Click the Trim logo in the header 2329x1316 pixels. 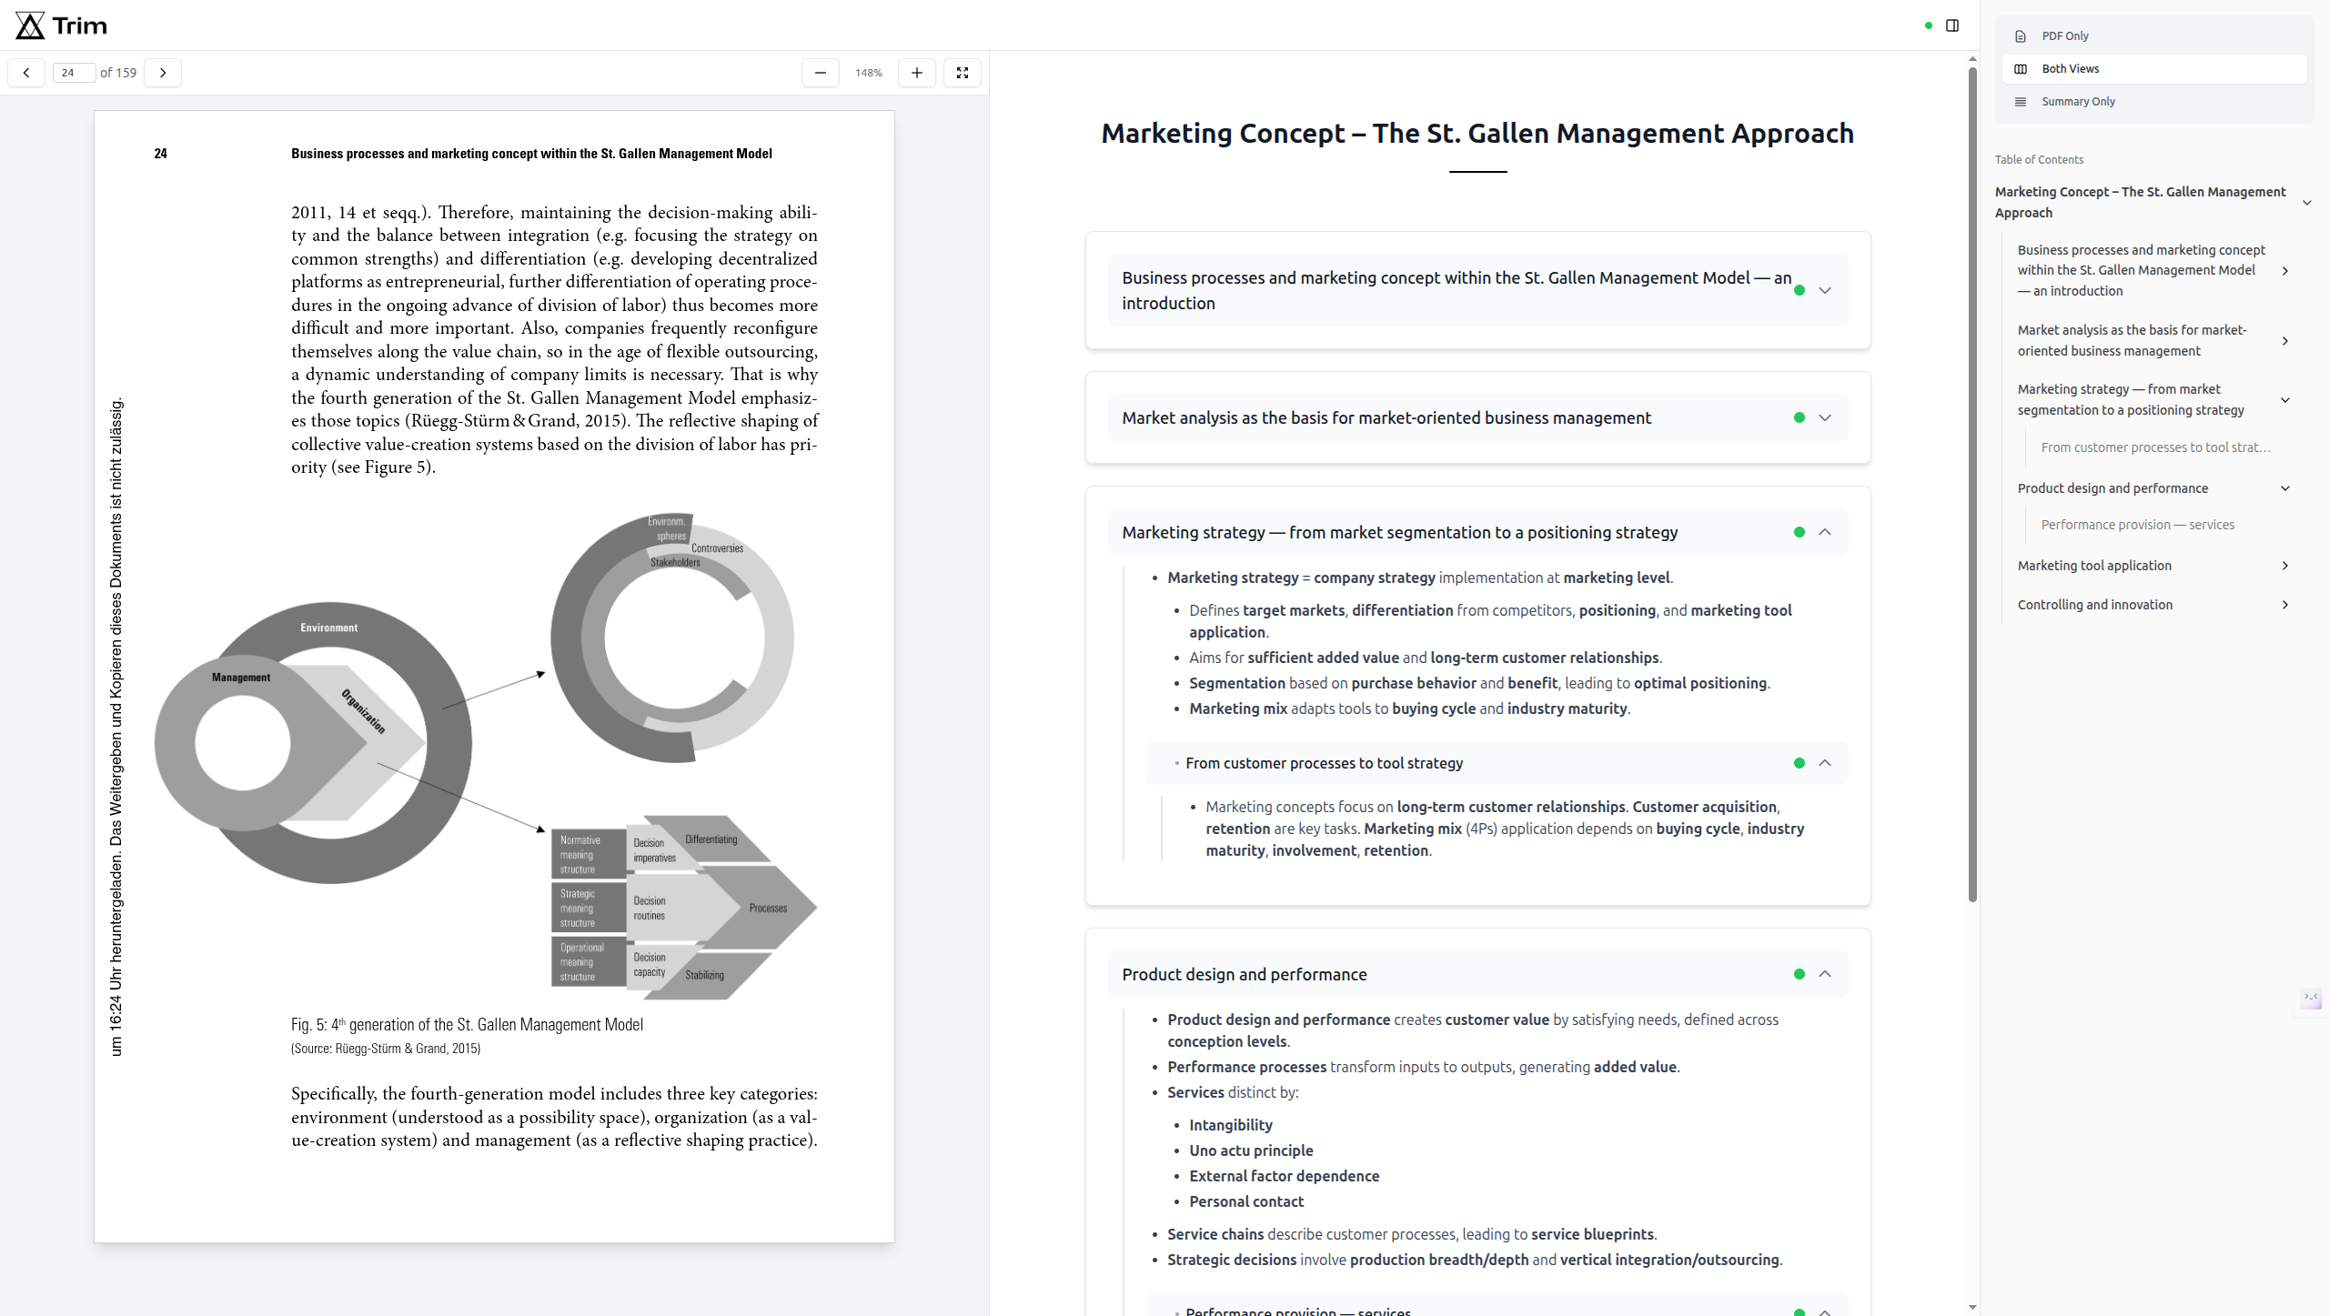point(61,25)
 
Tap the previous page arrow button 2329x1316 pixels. point(26,73)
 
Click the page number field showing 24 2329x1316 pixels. point(73,73)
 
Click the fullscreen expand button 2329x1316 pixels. point(962,73)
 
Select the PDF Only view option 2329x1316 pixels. point(2064,36)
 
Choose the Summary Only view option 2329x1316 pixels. point(2077,102)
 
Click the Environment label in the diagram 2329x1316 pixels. point(328,628)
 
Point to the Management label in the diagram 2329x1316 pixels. point(241,678)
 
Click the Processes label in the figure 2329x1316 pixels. point(768,908)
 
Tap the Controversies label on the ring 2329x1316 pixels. point(717,548)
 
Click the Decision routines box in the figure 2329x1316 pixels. point(650,909)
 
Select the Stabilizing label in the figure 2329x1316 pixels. point(704,975)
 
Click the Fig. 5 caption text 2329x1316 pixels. point(467,1025)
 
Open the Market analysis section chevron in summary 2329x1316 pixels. point(1825,417)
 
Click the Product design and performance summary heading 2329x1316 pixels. point(1244,974)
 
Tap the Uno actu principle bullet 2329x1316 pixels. point(1251,1150)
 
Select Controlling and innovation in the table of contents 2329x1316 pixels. point(2094,605)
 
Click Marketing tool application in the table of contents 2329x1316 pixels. point(2093,566)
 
